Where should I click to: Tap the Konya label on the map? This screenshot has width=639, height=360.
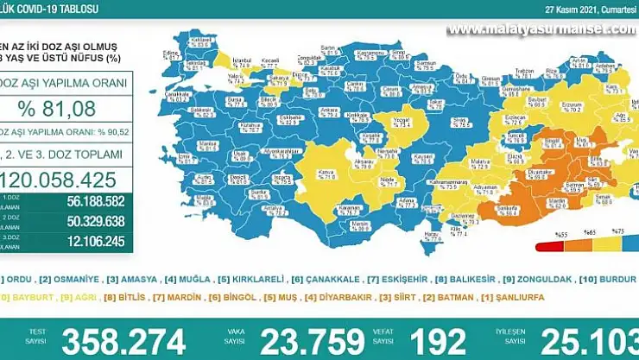pos(326,172)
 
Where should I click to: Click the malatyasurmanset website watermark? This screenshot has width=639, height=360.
pos(541,29)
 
